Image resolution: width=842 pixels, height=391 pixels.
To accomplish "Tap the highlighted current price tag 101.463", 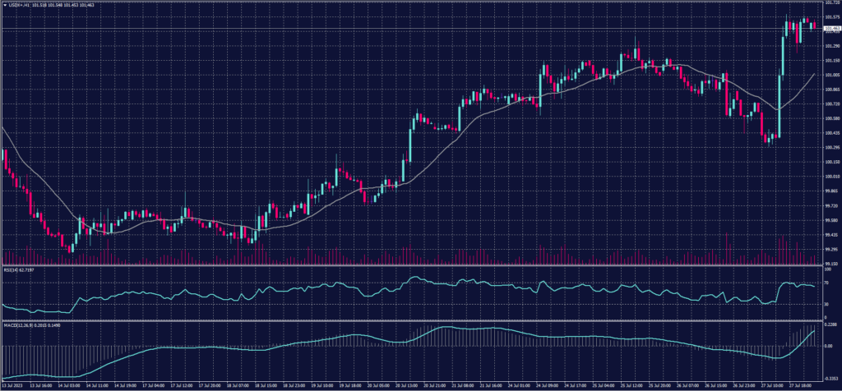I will [829, 29].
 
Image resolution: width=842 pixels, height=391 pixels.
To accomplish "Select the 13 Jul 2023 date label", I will [15, 384].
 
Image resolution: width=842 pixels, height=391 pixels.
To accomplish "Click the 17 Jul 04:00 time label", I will [155, 384].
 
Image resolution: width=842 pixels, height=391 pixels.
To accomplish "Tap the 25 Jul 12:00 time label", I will [631, 384].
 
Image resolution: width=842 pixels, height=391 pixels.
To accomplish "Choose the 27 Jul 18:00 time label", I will [802, 384].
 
